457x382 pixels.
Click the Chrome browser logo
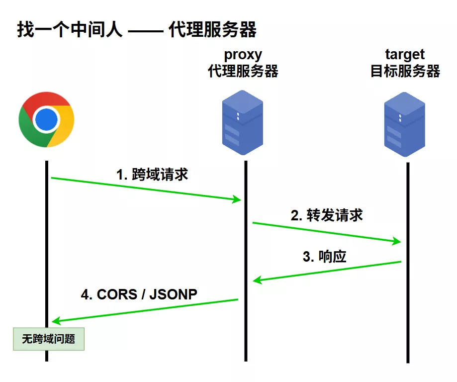click(x=46, y=119)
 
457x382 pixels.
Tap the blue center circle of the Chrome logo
click(x=46, y=119)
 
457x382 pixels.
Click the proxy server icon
click(x=242, y=122)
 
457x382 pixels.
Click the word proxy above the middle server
click(x=243, y=54)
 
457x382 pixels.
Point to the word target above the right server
click(x=405, y=54)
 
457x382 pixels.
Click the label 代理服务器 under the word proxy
click(x=243, y=71)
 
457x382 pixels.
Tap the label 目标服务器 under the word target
click(x=405, y=71)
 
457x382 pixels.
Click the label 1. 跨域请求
click(x=152, y=175)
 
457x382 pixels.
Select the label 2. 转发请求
click(x=327, y=215)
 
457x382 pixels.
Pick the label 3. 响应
click(x=324, y=257)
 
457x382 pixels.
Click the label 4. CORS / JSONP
click(x=139, y=294)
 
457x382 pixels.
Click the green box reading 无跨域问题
click(x=49, y=339)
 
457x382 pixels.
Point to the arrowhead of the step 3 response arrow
click(x=257, y=281)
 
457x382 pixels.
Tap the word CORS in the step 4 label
click(x=117, y=294)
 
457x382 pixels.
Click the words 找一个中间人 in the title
click(x=69, y=30)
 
